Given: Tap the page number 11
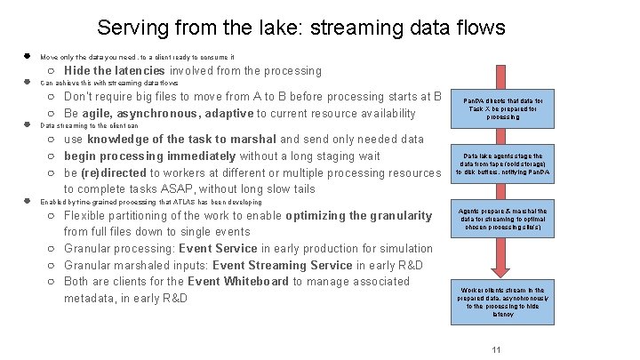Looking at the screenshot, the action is pos(497,349).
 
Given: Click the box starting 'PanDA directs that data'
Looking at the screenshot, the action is pos(503,109).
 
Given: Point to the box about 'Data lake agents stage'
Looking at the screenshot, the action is pos(503,158).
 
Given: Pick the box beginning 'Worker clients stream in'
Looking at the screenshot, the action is pos(503,301).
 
